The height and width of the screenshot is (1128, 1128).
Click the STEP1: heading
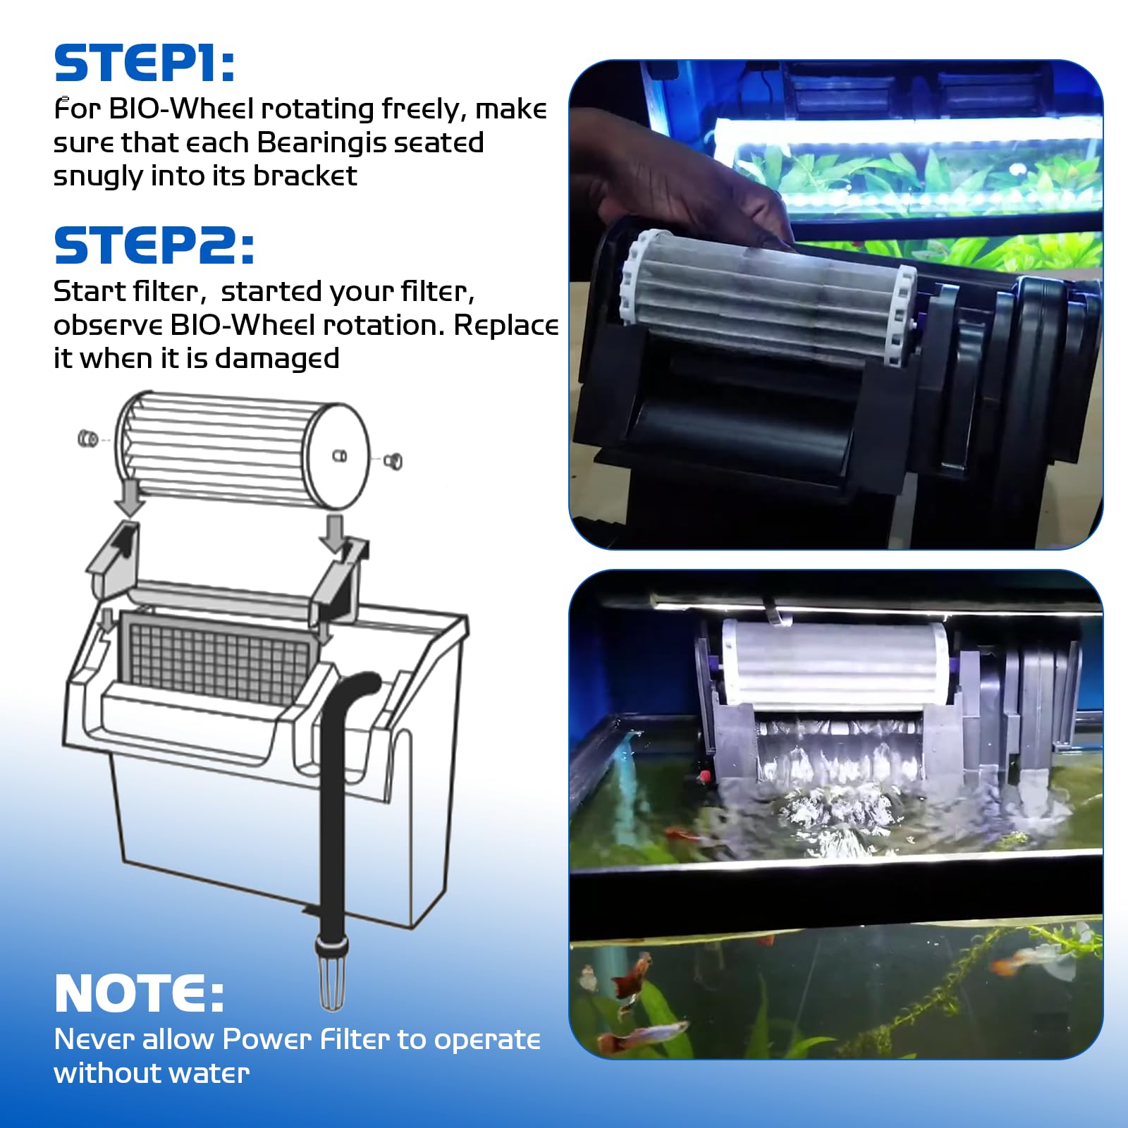145,63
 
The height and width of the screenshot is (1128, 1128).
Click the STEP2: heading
154,245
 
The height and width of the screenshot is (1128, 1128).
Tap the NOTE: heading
139,994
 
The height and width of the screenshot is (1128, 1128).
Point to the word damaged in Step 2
276,359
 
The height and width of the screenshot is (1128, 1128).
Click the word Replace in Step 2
505,325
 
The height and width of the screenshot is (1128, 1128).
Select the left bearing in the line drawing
88,439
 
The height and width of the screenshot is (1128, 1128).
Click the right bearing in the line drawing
393,462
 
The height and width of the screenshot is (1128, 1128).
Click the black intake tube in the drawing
331,811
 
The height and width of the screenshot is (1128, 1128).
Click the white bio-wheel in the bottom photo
835,666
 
